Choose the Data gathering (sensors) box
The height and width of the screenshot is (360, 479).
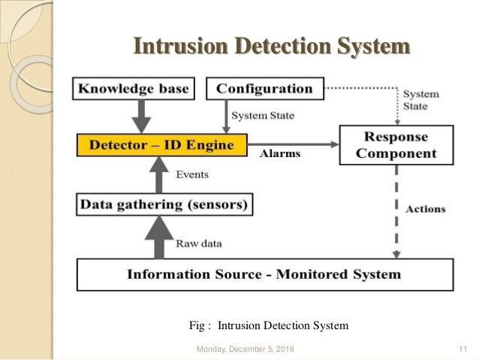[165, 203]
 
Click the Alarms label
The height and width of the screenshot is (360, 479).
[280, 153]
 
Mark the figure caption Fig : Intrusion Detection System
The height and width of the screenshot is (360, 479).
[268, 325]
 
